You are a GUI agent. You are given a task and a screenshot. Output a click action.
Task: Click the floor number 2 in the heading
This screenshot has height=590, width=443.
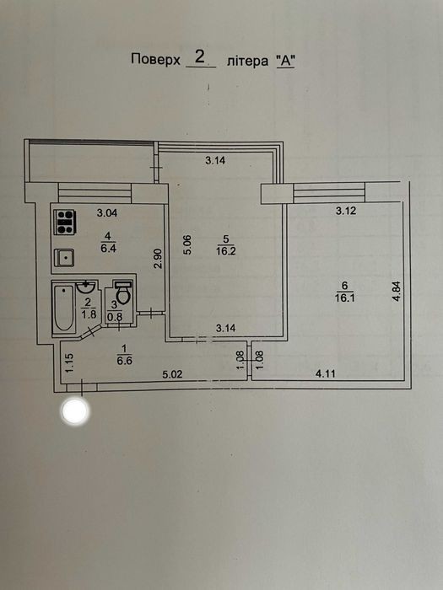200,57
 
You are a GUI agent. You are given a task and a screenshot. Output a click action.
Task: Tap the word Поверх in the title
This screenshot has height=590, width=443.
155,60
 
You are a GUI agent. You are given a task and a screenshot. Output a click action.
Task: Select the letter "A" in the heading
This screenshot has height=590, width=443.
285,61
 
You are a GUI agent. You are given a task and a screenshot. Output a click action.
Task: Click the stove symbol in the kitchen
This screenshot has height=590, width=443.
65,222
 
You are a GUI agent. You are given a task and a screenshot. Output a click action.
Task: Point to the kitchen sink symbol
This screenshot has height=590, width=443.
64,258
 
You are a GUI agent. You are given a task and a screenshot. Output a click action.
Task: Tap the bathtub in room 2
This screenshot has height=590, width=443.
63,308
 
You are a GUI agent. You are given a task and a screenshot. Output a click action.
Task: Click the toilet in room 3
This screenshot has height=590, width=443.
123,292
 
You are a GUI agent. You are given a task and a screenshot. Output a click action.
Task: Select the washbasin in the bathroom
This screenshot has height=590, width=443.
86,287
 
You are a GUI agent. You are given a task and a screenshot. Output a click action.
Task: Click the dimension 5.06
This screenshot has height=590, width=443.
187,244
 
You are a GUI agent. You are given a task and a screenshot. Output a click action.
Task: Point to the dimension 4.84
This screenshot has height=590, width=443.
397,292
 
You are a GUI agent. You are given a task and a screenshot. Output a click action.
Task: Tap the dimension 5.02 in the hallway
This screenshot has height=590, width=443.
172,374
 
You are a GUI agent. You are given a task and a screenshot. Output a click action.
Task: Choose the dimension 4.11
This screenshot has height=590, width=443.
325,373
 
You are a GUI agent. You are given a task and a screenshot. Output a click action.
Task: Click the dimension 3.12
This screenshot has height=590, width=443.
346,211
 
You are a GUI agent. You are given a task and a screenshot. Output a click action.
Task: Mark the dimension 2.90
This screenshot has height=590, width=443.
159,258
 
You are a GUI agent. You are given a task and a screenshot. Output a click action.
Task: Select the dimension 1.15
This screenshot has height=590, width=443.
70,362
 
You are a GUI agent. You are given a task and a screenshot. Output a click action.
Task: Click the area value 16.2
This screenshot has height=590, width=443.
225,251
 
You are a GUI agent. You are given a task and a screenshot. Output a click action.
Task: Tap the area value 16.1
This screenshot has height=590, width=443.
344,298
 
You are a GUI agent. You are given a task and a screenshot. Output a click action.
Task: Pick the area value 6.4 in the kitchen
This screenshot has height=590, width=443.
108,249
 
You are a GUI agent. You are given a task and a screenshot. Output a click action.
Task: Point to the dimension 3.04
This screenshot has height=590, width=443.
107,213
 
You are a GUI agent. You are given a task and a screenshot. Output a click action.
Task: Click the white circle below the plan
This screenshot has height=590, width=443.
75,411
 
